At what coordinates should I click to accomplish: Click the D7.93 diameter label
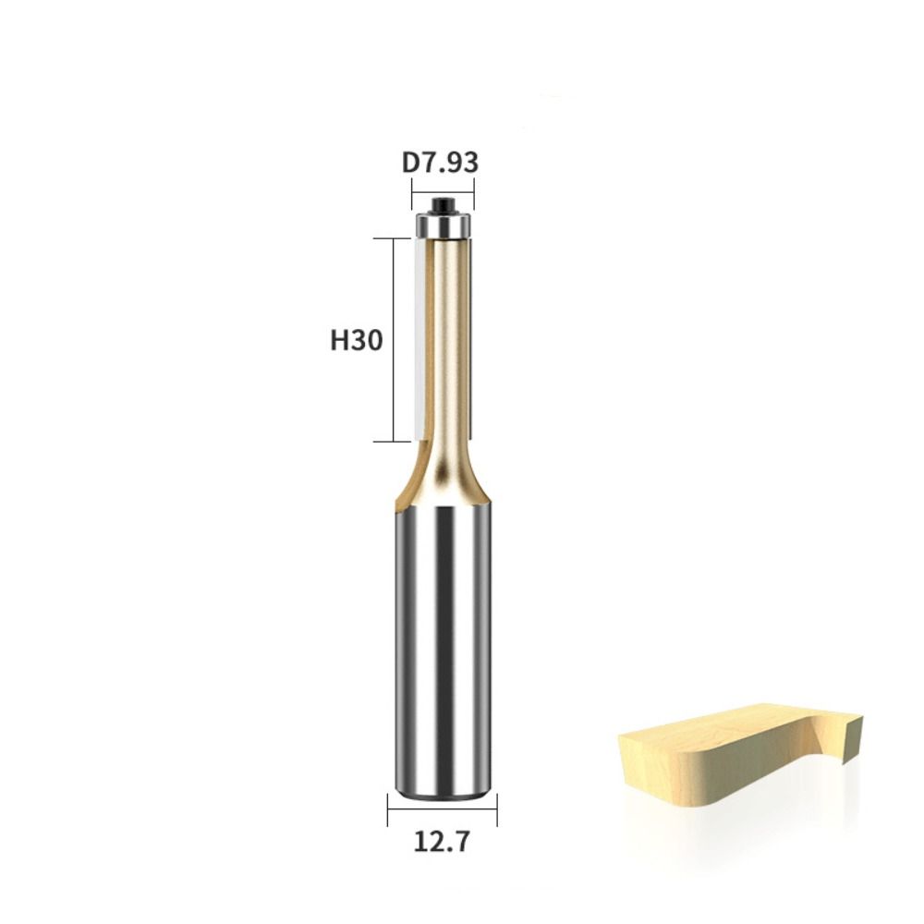[x=440, y=163]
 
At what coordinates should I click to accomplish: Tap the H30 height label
[x=357, y=341]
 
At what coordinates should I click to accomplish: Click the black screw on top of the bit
[x=444, y=204]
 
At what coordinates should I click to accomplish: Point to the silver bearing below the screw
[x=444, y=224]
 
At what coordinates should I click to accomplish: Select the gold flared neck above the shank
[x=443, y=485]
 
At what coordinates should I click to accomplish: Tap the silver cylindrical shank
[x=443, y=647]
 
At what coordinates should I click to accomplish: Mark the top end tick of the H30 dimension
[x=391, y=238]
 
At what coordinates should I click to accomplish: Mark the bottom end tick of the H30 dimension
[x=391, y=442]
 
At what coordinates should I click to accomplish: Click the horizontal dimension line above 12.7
[x=442, y=809]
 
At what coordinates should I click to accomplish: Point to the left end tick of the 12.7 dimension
[x=388, y=809]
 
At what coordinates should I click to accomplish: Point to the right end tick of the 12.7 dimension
[x=496, y=809]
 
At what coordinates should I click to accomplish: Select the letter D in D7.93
[x=410, y=163]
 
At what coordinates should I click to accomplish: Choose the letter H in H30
[x=339, y=341]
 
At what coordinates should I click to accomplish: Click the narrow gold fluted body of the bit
[x=447, y=342]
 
